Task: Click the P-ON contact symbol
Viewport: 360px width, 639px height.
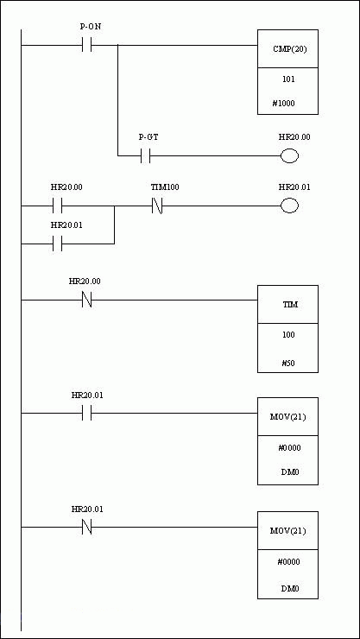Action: [86, 45]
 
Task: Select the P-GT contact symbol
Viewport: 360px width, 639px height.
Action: [145, 155]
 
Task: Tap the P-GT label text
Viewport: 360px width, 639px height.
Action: [148, 137]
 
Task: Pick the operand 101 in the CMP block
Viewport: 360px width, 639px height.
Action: [288, 79]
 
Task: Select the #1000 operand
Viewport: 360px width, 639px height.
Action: [283, 104]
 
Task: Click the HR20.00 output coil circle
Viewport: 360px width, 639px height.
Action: [289, 156]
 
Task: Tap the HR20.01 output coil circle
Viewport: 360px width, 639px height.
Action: [289, 206]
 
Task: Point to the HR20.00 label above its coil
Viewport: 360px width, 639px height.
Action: [294, 137]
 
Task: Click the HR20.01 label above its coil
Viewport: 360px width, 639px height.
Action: [294, 187]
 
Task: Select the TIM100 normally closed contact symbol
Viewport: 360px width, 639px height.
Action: [157, 206]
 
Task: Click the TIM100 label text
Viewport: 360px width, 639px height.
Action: [165, 187]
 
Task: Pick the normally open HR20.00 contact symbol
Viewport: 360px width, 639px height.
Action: [58, 206]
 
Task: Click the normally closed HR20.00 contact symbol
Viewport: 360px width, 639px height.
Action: [86, 301]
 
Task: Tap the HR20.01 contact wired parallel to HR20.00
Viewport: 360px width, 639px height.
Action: [58, 244]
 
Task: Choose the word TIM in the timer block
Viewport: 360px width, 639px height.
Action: [287, 305]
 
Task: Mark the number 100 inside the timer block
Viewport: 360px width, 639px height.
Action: [288, 335]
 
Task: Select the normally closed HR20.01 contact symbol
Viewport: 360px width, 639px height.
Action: [86, 528]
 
